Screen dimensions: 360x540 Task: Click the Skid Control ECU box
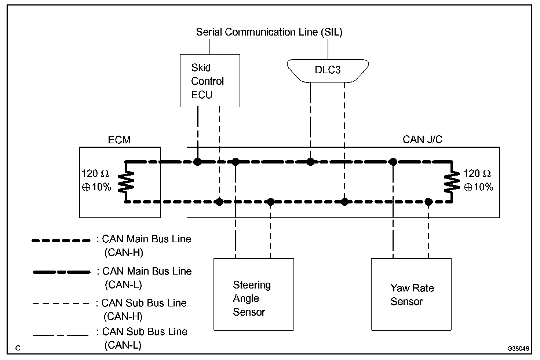click(x=210, y=81)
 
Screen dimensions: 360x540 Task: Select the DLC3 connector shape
click(x=327, y=70)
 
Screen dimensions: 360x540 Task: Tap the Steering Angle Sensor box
click(x=253, y=294)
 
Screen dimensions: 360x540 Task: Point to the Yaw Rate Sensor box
click(x=411, y=294)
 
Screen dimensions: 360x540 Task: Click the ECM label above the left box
click(x=119, y=140)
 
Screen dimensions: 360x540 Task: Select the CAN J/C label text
click(x=422, y=140)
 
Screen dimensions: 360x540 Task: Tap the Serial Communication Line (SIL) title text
click(x=269, y=32)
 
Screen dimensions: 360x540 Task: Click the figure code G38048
click(x=519, y=348)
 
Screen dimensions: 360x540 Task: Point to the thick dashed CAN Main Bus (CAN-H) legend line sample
click(x=61, y=241)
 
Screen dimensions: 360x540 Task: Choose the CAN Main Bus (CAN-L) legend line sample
click(x=61, y=272)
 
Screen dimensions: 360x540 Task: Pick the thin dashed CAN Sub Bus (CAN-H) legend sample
click(x=61, y=304)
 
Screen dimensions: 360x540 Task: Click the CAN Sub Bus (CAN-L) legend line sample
click(x=61, y=335)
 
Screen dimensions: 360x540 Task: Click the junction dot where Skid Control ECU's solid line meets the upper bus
click(x=197, y=162)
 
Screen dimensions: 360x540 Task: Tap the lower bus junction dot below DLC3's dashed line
click(x=344, y=201)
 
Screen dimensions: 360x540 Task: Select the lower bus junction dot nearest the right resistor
click(x=428, y=201)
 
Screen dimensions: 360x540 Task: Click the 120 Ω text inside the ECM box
click(x=95, y=174)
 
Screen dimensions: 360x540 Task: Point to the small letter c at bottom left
click(x=18, y=348)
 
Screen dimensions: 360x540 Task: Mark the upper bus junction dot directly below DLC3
click(x=310, y=162)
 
